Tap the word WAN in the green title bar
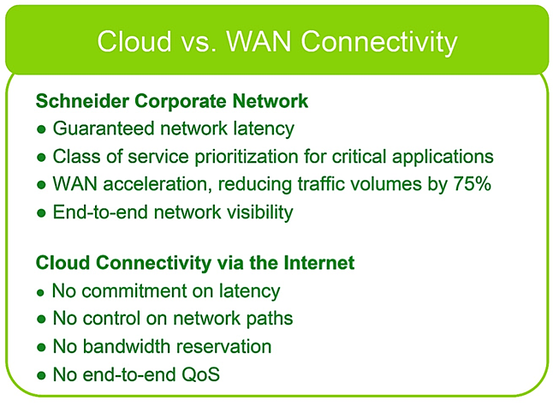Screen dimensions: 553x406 (259, 41)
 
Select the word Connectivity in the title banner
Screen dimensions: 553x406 (378, 42)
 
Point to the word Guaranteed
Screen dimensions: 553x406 (104, 128)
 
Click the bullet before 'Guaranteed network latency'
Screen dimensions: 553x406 (41, 129)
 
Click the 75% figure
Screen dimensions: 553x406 (472, 184)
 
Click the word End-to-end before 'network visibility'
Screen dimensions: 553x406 (100, 212)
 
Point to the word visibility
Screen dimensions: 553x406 (259, 212)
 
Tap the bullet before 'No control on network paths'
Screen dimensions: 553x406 (41, 319)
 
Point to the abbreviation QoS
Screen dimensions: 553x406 (200, 374)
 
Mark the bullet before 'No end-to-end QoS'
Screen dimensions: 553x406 (41, 376)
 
